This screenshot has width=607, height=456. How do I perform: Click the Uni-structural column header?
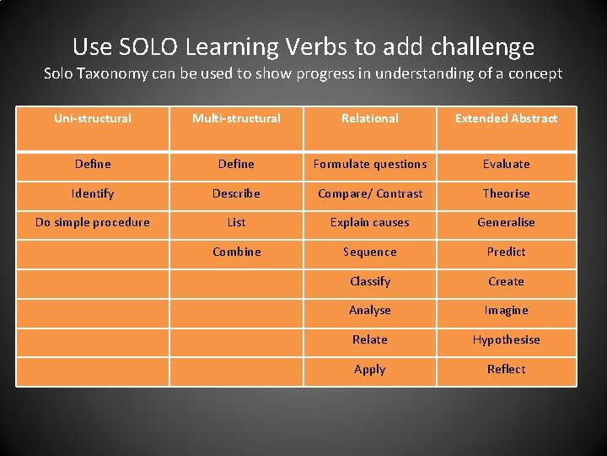(93, 118)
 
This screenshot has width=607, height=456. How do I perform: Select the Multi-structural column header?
(236, 118)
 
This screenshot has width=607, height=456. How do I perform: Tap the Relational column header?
(370, 118)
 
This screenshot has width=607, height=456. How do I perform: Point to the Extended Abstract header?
(506, 118)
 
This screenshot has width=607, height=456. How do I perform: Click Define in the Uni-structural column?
(93, 164)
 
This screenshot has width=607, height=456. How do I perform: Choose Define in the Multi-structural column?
(236, 164)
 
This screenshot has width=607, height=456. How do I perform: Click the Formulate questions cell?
(370, 164)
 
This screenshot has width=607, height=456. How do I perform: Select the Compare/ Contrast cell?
(370, 193)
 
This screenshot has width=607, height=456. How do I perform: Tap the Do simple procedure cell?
(93, 222)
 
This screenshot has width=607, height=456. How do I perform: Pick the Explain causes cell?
(370, 222)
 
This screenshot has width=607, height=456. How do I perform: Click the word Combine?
(236, 252)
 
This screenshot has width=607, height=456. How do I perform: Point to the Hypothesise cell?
(506, 339)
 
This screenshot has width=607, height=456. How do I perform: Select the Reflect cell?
(506, 369)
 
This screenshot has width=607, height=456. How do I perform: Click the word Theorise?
(506, 193)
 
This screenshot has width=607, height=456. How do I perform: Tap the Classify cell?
(370, 281)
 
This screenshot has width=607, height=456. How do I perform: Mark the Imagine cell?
(506, 310)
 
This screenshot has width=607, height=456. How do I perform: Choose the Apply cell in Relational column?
(370, 369)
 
